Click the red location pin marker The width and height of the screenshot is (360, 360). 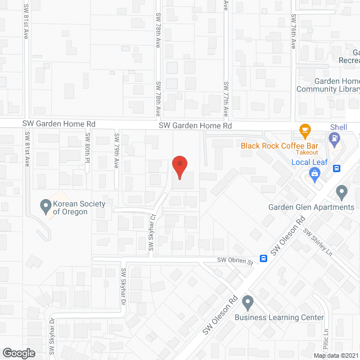179,166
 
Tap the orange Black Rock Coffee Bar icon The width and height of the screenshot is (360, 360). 305,131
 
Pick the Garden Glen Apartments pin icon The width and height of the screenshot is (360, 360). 341,193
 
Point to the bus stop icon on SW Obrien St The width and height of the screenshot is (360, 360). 263,259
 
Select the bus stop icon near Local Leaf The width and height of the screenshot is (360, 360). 336,168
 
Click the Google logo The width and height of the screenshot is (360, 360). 19,353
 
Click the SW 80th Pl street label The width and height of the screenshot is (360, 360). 88,143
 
